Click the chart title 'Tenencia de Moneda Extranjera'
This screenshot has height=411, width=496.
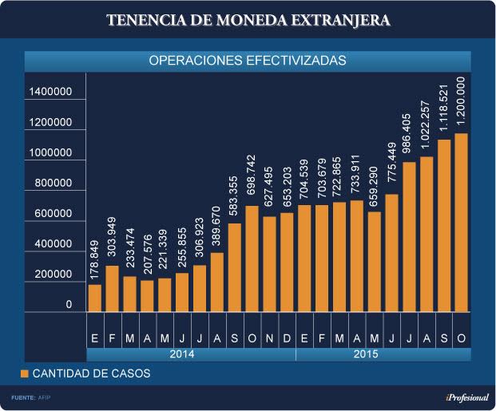[x=248, y=21]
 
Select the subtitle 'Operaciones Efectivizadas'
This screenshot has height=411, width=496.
[x=248, y=60]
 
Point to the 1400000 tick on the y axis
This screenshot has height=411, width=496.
[x=51, y=93]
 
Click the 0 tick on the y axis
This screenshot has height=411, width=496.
[x=69, y=305]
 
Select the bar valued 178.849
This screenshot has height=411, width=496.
[x=95, y=297]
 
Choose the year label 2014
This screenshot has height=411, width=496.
[x=191, y=354]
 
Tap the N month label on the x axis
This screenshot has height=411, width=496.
[x=269, y=338]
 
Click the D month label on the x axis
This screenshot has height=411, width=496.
[x=287, y=338]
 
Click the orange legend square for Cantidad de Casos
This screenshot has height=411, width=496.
[x=25, y=373]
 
